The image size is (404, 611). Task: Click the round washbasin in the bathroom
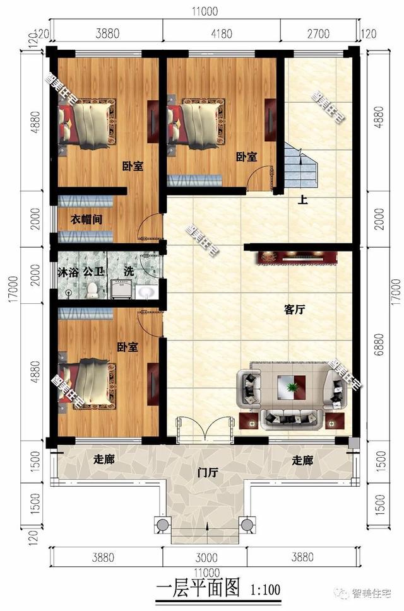147,291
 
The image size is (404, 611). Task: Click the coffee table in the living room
292,385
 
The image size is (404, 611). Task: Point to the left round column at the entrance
163,525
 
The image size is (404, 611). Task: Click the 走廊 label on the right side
302,461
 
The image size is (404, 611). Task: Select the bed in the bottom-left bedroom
85,383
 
